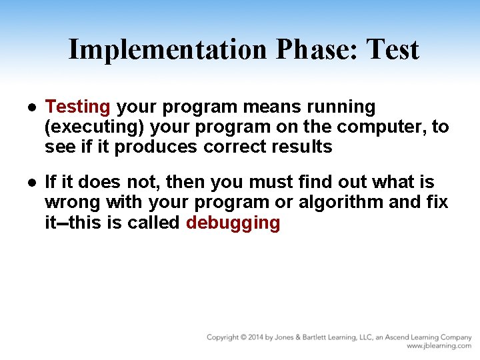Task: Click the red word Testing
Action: click(x=77, y=107)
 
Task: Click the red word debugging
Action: click(x=233, y=223)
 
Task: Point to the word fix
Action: click(x=435, y=202)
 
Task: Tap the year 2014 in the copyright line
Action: click(x=254, y=337)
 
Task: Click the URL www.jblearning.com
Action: click(x=439, y=346)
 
